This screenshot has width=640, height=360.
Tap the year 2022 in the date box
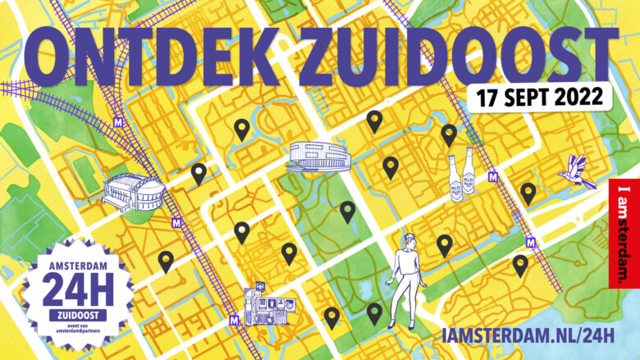[572, 98]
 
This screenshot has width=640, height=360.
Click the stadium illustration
[131, 194]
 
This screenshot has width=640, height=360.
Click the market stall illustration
[267, 303]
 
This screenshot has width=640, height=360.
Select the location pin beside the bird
[528, 194]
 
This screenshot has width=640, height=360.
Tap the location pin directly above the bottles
[449, 134]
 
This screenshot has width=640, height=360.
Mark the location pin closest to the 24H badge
[166, 261]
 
